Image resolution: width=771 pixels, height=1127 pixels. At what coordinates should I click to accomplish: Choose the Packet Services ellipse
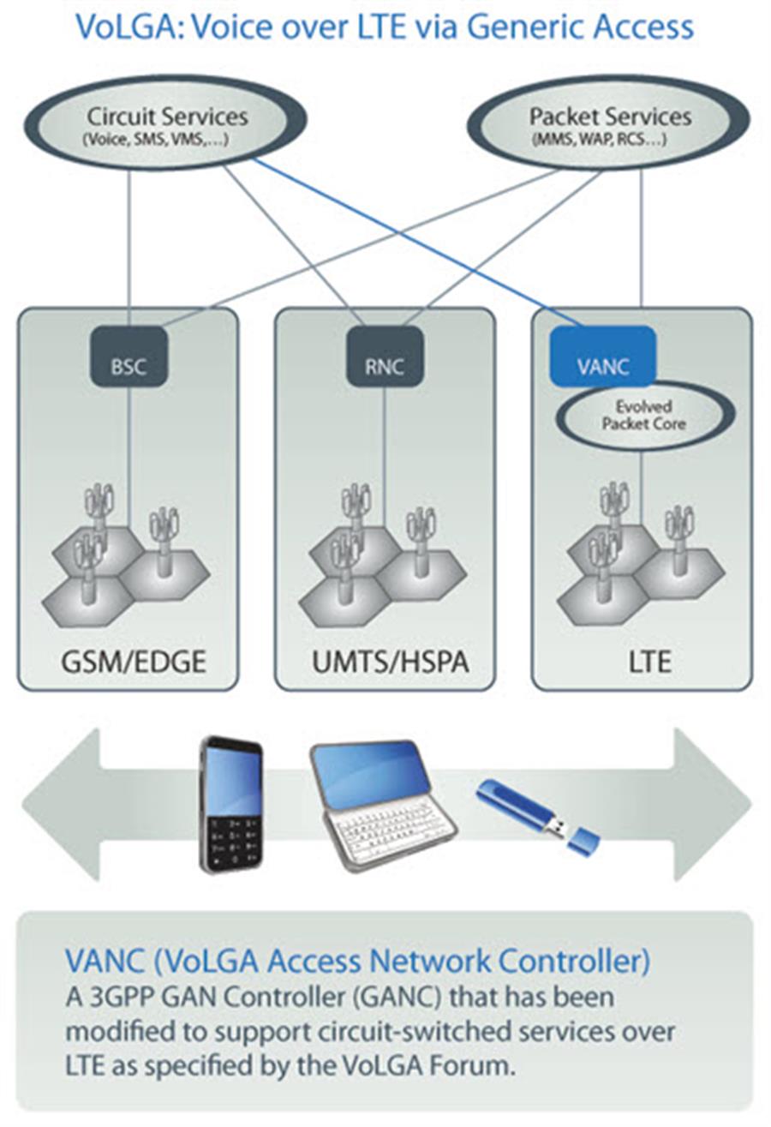(x=609, y=125)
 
